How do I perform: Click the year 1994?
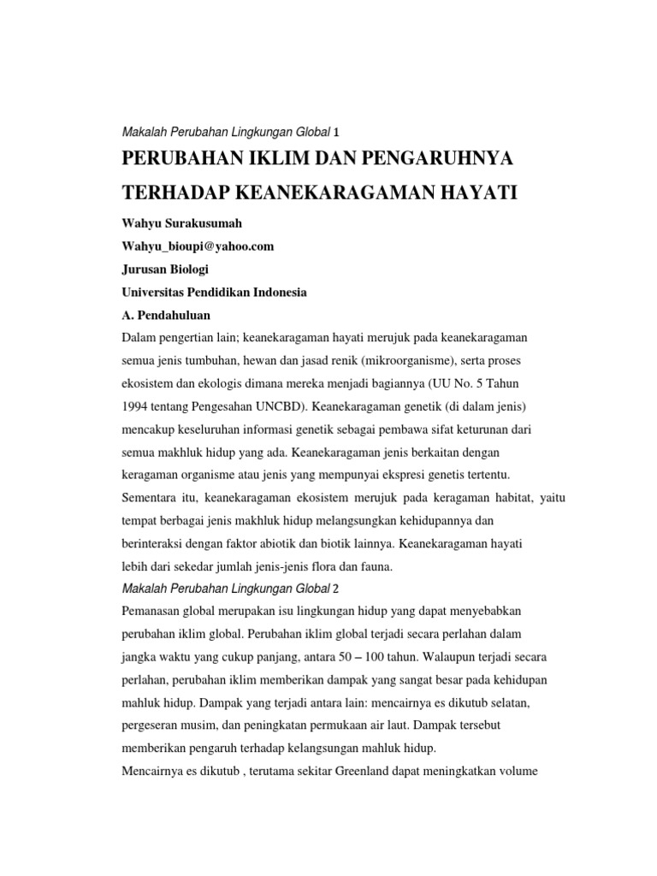click(137, 403)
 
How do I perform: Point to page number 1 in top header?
click(336, 132)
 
